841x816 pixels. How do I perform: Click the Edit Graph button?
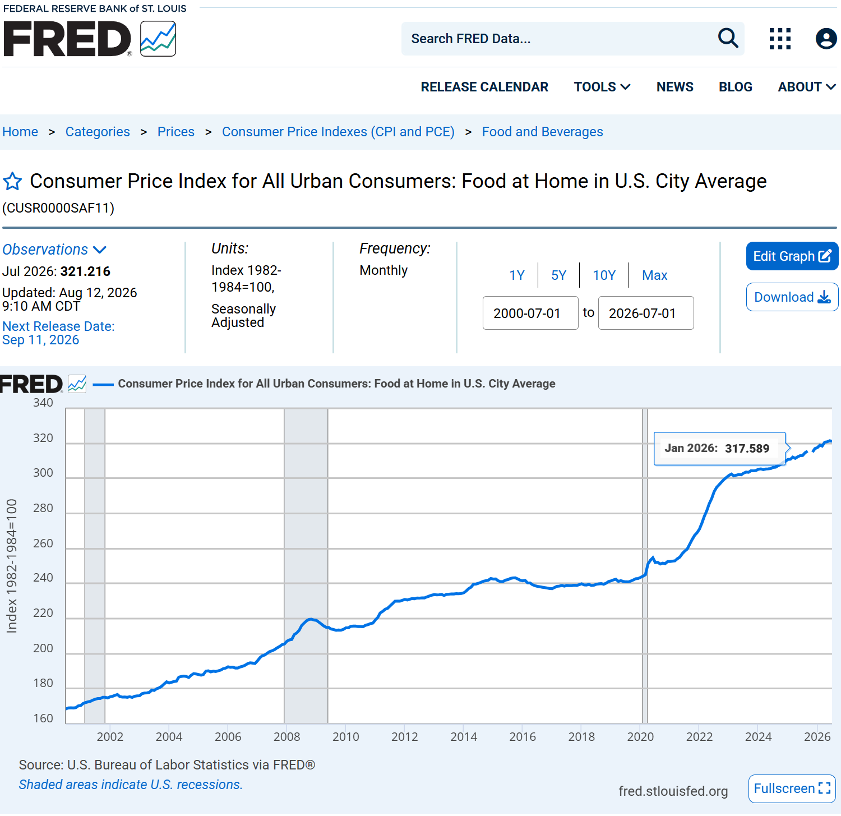point(792,256)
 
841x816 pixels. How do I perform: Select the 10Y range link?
point(604,275)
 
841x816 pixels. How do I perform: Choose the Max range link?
point(654,275)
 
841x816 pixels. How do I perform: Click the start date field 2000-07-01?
point(530,313)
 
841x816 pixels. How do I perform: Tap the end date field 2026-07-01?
point(646,313)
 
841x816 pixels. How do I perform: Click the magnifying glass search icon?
point(728,38)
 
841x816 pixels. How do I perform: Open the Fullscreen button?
point(792,789)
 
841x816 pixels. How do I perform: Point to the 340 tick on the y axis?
point(43,403)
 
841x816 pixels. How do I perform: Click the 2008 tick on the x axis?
point(287,736)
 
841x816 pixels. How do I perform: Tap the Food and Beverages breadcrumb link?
point(542,132)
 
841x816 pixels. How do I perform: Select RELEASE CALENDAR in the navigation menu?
point(484,87)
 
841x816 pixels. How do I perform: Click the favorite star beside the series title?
point(12,181)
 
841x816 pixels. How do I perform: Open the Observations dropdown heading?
point(54,250)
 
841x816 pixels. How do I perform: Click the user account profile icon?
point(826,39)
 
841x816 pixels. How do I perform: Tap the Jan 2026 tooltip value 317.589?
point(747,448)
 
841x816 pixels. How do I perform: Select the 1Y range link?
point(517,275)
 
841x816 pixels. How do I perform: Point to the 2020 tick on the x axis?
point(640,736)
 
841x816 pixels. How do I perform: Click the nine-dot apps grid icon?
point(780,39)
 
